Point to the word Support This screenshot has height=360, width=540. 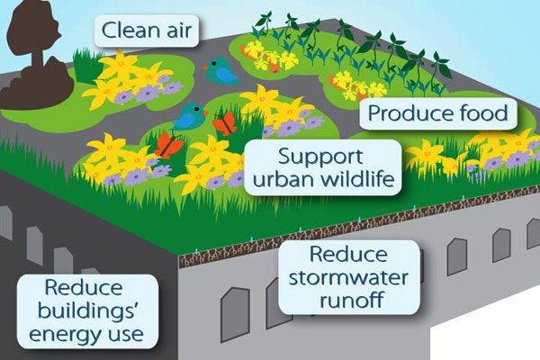click(x=320, y=157)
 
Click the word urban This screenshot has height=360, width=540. click(x=280, y=179)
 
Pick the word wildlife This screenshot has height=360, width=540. click(x=354, y=179)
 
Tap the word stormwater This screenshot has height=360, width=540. click(x=348, y=278)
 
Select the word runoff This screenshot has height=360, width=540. click(x=352, y=300)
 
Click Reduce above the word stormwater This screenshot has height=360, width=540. click(x=348, y=254)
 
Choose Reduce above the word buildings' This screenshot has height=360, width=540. click(x=84, y=288)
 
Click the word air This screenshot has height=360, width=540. click(x=175, y=30)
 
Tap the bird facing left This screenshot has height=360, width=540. click(x=220, y=71)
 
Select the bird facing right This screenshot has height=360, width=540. click(x=189, y=116)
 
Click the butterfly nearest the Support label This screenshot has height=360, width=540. click(x=225, y=123)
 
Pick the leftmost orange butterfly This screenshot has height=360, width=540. click(x=169, y=146)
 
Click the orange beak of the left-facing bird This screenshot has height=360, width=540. click(x=205, y=67)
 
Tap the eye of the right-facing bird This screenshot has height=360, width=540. click(x=197, y=109)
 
